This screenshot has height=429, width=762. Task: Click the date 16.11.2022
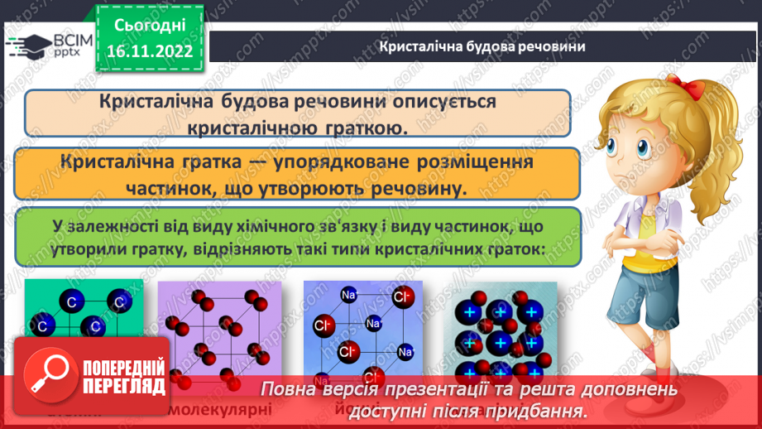[149, 51]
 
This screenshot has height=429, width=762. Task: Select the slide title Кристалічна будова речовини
[482, 46]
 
